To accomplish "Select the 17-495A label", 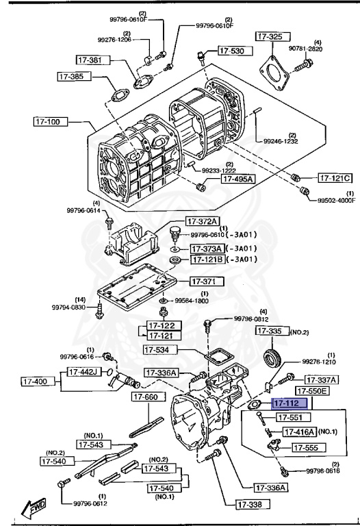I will (x=237, y=179).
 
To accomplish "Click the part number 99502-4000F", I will (x=336, y=201).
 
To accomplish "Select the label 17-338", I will (x=252, y=505).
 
